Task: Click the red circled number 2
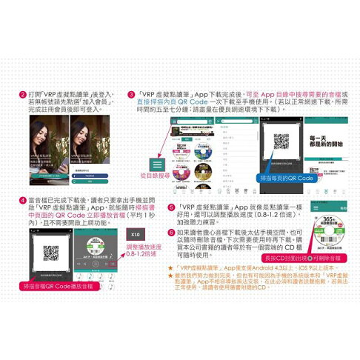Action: click(x=23, y=96)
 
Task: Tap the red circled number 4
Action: click(x=23, y=200)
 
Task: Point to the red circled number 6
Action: click(x=171, y=233)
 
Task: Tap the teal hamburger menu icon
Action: click(x=157, y=165)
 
